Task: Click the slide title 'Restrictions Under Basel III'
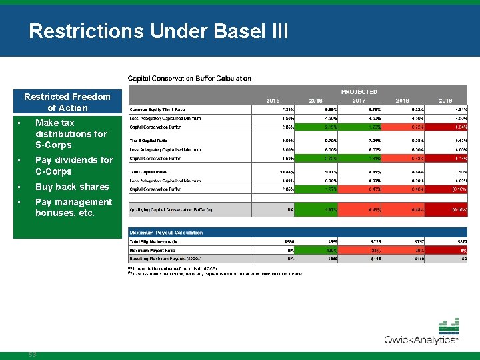[159, 31]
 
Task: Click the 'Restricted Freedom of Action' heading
[67, 102]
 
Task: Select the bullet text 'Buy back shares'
[71, 187]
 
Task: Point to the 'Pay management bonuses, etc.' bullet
[73, 207]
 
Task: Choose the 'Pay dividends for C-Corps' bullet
[74, 165]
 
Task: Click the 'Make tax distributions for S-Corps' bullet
[71, 133]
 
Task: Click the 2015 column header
[273, 101]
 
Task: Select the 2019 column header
[445, 101]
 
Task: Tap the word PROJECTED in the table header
[359, 91]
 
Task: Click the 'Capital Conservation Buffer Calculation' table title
[189, 78]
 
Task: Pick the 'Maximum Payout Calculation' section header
[167, 233]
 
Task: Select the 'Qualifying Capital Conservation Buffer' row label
[171, 209]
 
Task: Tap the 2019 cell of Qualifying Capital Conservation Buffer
[445, 209]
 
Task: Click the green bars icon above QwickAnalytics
[449, 327]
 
